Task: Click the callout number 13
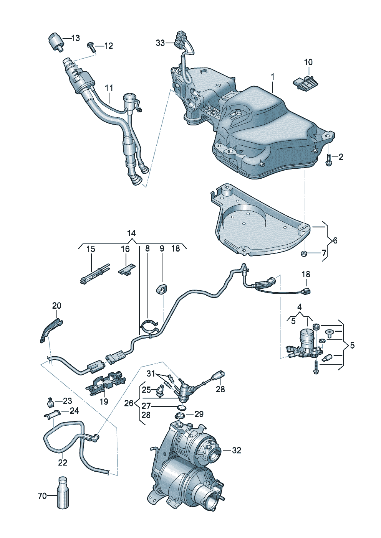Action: click(75, 38)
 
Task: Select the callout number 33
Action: click(160, 43)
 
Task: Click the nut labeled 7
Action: click(303, 253)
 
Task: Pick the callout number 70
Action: click(42, 496)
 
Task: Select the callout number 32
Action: click(237, 450)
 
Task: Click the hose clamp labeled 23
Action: click(50, 402)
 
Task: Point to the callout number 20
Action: click(56, 306)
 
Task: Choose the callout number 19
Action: click(104, 401)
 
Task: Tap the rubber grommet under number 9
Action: click(161, 288)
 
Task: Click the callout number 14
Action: click(131, 233)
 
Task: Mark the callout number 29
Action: click(199, 414)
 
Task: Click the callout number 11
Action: click(109, 88)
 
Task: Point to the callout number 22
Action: click(63, 462)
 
